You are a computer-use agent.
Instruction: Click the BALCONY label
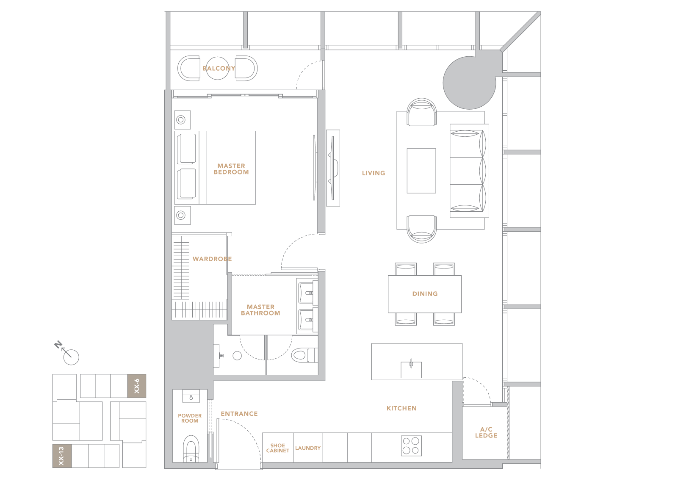pos(219,69)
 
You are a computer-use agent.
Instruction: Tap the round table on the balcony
pos(217,69)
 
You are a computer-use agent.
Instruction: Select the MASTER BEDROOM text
pos(231,169)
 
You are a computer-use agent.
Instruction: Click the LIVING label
pos(374,173)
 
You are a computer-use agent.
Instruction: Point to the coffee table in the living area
pos(421,171)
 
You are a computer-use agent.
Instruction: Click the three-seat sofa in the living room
pos(469,171)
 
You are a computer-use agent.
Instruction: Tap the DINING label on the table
pos(425,293)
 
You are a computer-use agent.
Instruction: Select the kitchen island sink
pos(411,369)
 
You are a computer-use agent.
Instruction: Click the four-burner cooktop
pos(411,445)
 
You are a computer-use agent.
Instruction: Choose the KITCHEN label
pos(401,408)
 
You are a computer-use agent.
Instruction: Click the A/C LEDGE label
pos(486,432)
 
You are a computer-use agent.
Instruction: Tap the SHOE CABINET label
pos(277,448)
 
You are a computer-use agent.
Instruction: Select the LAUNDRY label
pos(308,448)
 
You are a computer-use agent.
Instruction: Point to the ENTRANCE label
pos(239,414)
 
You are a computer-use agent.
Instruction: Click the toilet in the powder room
pos(191,448)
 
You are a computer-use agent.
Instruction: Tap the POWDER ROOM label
pos(190,418)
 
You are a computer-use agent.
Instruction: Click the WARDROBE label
pos(212,259)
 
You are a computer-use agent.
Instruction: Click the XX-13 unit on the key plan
pos(62,456)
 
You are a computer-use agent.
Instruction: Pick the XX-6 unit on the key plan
pos(136,386)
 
